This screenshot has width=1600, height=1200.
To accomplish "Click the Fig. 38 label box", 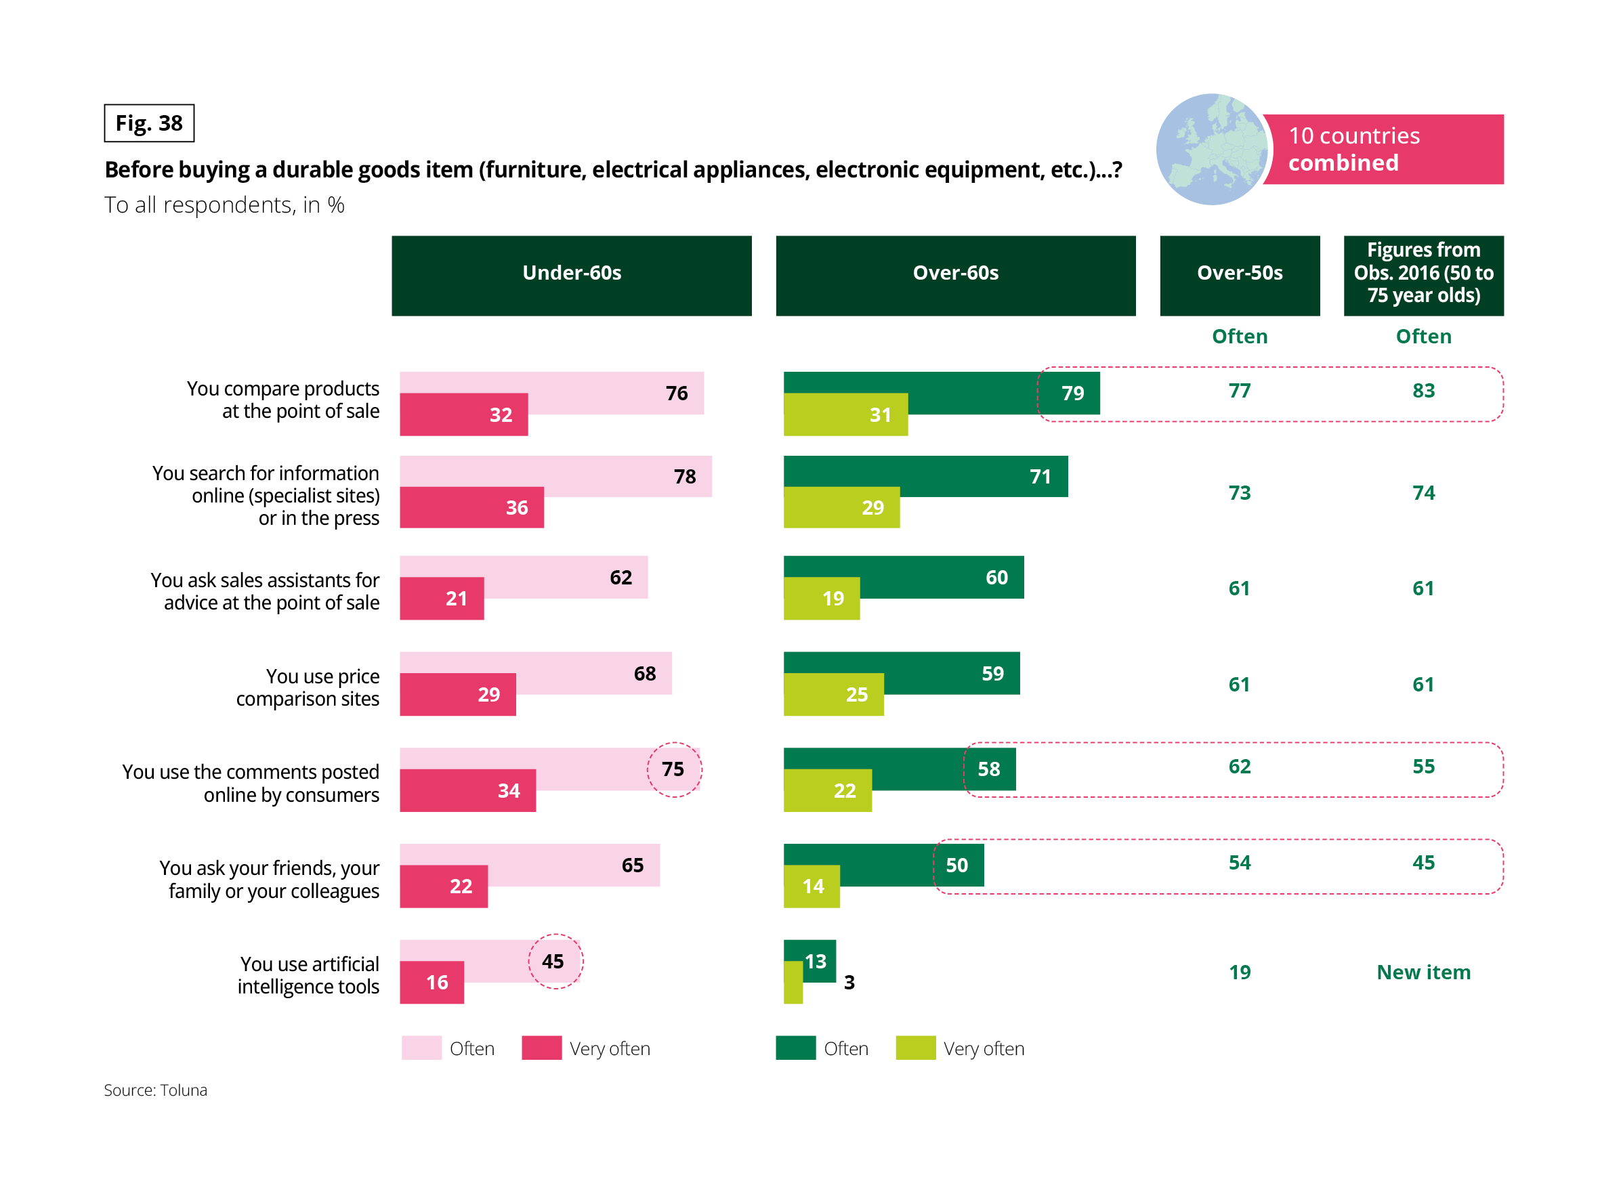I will (149, 123).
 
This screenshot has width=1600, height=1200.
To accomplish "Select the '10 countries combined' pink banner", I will (1383, 149).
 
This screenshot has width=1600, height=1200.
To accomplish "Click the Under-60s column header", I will (572, 276).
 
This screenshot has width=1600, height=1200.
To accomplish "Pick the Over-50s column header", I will (1239, 276).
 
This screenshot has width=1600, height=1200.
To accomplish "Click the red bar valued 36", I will (471, 508).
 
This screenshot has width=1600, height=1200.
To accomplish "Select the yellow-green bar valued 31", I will (845, 415).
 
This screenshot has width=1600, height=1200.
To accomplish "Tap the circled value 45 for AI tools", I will (554, 962).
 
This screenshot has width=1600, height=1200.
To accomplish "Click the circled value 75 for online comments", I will (673, 769).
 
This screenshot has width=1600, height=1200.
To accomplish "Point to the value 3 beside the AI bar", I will (849, 982).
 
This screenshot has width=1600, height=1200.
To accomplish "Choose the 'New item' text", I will (1423, 972).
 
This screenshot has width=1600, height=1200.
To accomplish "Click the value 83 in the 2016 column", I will (1423, 391).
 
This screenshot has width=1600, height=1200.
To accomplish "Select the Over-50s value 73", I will (1239, 493).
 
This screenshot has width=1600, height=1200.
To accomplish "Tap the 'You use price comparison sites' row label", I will (308, 687).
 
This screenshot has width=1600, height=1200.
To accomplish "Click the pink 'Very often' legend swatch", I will (541, 1048).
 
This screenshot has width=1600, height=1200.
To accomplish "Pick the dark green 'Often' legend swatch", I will (795, 1048).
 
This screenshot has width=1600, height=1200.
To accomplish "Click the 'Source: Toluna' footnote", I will (156, 1090).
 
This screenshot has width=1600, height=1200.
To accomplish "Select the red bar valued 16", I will (431, 982).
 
